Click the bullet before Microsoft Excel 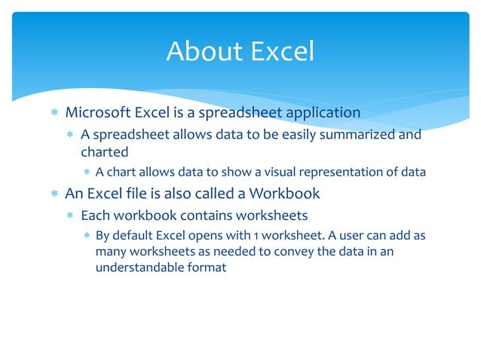pyautogui.click(x=54, y=114)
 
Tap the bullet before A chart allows pyautogui.click(x=87, y=172)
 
